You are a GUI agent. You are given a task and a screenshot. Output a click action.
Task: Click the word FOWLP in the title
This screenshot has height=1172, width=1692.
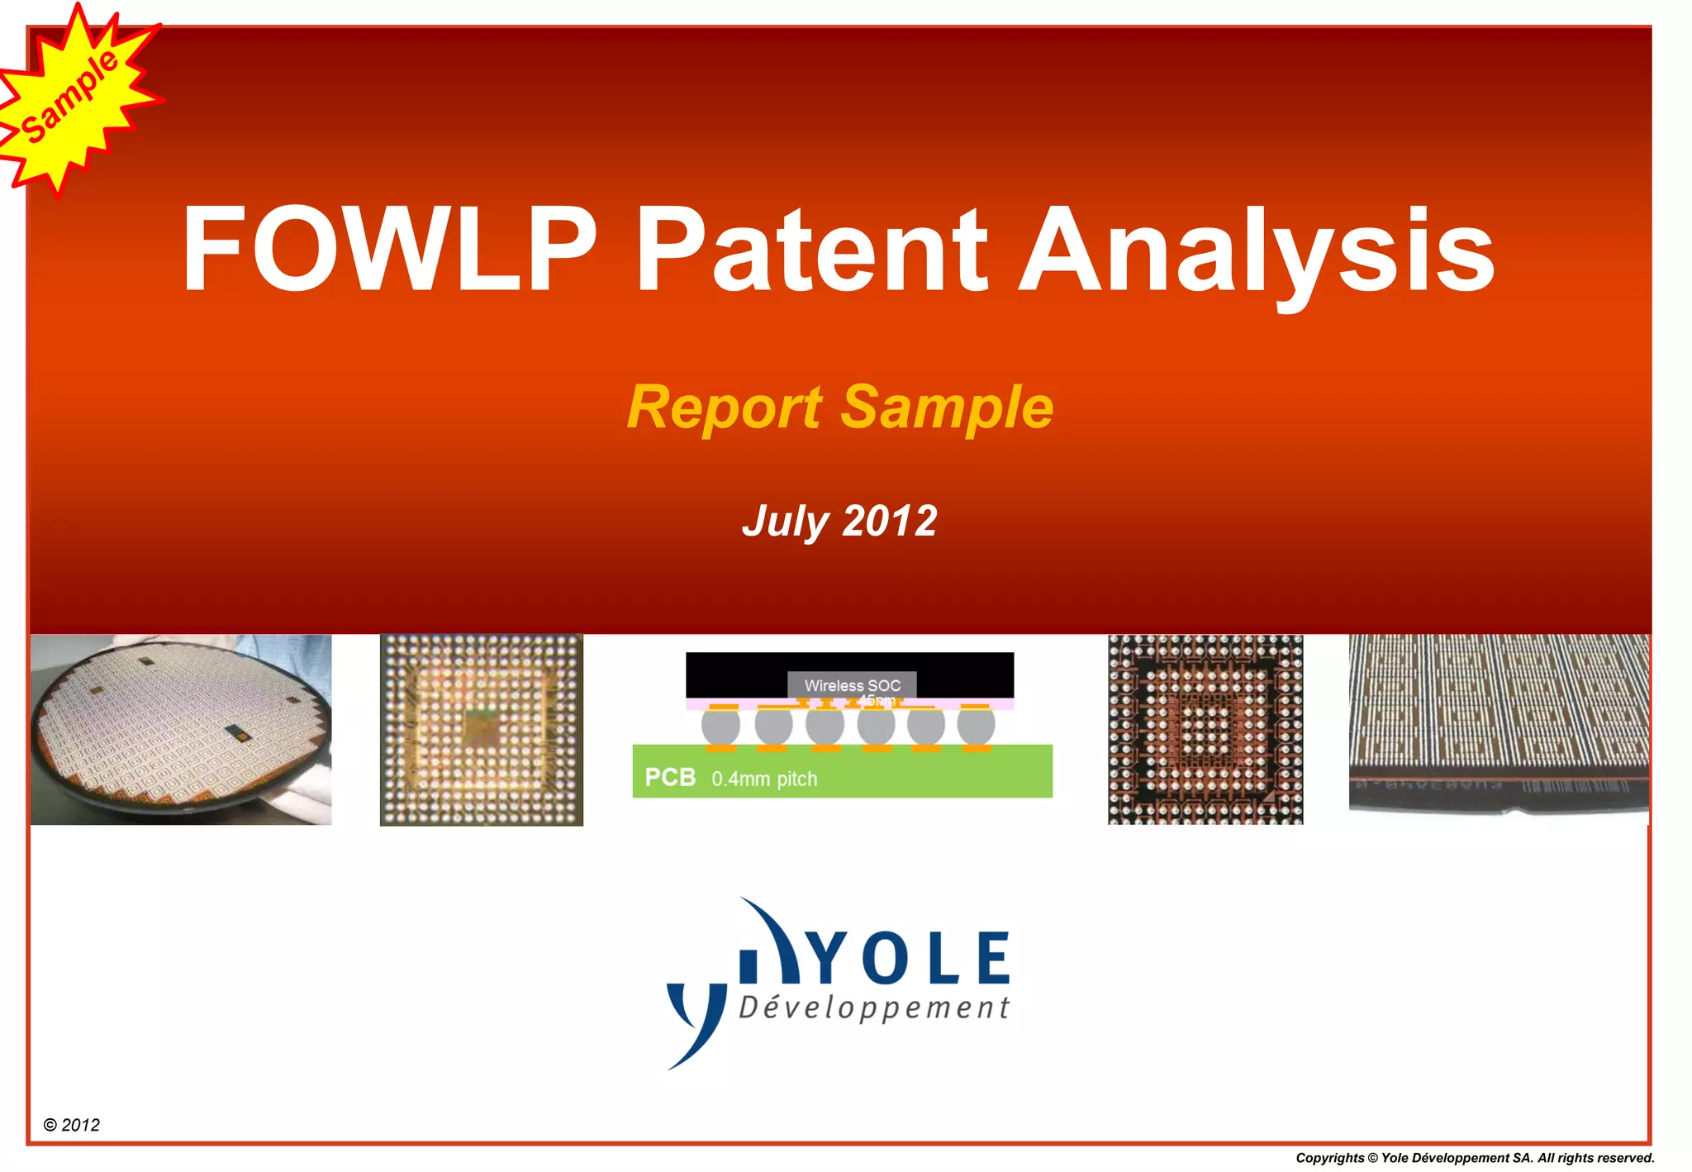click(388, 249)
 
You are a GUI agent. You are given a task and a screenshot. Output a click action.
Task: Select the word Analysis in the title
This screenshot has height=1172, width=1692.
click(1256, 252)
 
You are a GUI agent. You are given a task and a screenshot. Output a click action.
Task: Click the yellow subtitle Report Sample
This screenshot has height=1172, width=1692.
click(840, 407)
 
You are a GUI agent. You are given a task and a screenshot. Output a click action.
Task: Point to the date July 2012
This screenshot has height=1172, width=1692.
click(839, 521)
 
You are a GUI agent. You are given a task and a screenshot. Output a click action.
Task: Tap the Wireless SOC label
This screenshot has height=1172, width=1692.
click(852, 685)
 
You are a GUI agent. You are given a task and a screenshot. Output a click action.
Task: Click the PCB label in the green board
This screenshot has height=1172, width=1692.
click(670, 778)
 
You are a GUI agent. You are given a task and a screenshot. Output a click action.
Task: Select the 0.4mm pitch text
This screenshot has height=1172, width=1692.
click(764, 779)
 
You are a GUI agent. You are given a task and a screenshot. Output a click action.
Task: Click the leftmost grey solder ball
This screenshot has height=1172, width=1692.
click(720, 726)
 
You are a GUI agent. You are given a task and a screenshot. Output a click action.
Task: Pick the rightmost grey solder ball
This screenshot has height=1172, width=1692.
click(976, 726)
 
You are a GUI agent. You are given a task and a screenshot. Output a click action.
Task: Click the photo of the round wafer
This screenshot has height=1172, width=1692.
click(181, 730)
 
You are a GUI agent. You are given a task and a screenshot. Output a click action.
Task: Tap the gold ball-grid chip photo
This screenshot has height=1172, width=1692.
click(482, 730)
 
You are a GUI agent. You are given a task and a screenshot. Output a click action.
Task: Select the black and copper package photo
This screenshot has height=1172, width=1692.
click(1205, 730)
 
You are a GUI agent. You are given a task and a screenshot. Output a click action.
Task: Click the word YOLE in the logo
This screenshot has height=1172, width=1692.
click(909, 959)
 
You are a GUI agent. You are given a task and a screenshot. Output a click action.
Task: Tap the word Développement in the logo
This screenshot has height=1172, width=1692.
click(874, 1008)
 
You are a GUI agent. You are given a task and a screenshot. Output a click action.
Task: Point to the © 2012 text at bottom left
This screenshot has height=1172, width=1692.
click(72, 1125)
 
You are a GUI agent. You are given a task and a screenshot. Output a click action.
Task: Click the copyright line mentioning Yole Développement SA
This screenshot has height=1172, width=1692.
click(1474, 1158)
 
